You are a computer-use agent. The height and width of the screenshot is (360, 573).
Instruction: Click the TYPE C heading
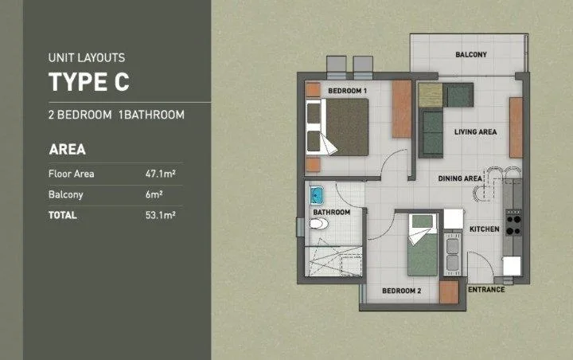pyautogui.click(x=89, y=81)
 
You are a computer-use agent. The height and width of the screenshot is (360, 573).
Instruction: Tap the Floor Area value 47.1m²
pyautogui.click(x=161, y=174)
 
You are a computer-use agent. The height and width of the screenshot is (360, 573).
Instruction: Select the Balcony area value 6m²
pyautogui.click(x=154, y=194)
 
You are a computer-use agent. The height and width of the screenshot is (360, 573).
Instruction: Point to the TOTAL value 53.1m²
pyautogui.click(x=161, y=215)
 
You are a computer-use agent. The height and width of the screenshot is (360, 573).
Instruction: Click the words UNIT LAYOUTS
pyautogui.click(x=87, y=57)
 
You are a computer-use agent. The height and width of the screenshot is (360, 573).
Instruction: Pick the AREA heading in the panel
pyautogui.click(x=67, y=149)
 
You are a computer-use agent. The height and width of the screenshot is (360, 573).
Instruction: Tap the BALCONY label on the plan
pyautogui.click(x=471, y=54)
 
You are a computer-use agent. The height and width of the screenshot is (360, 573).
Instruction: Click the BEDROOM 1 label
pyautogui.click(x=347, y=91)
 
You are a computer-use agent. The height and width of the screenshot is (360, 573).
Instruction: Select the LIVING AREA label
pyautogui.click(x=475, y=131)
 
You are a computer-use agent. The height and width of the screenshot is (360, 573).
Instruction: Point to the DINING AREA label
pyautogui.click(x=460, y=178)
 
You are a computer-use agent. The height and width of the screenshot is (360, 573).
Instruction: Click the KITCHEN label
pyautogui.click(x=484, y=229)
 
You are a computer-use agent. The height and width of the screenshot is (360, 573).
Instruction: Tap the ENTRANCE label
pyautogui.click(x=486, y=289)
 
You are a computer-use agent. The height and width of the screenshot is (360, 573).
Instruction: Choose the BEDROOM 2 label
pyautogui.click(x=402, y=291)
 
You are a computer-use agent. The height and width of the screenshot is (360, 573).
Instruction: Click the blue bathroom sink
pyautogui.click(x=317, y=195)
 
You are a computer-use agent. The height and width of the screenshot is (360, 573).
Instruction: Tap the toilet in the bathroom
pyautogui.click(x=318, y=224)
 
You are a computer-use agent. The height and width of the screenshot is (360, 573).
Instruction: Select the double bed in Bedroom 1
pyautogui.click(x=337, y=127)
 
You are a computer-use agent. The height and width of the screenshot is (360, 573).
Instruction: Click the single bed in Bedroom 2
pyautogui.click(x=423, y=245)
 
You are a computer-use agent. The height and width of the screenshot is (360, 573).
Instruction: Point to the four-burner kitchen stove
pyautogui.click(x=513, y=223)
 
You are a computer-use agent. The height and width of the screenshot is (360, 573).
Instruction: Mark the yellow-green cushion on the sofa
pyautogui.click(x=431, y=95)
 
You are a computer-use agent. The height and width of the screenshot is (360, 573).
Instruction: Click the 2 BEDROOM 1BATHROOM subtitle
pyautogui.click(x=116, y=115)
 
